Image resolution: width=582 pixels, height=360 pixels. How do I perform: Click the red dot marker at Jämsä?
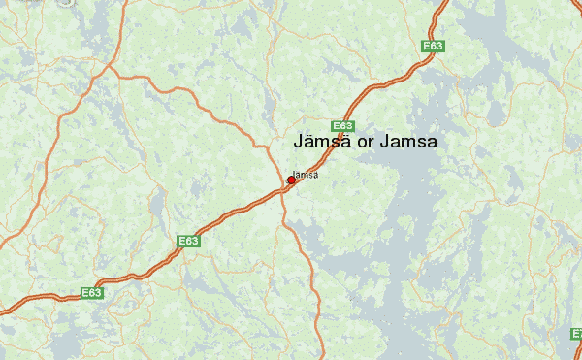click(x=291, y=180)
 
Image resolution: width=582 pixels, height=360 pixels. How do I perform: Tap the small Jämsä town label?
click(x=306, y=175)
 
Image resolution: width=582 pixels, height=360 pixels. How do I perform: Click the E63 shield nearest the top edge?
click(x=433, y=46)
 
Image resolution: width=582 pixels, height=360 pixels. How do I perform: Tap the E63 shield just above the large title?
click(x=342, y=126)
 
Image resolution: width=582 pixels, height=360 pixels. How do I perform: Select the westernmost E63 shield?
click(x=91, y=292)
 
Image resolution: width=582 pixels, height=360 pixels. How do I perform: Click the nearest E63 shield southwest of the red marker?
click(x=188, y=240)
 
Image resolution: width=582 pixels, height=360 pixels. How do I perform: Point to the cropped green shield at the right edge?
click(x=577, y=333)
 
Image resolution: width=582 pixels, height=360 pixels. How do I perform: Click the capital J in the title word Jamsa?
click(x=386, y=142)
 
